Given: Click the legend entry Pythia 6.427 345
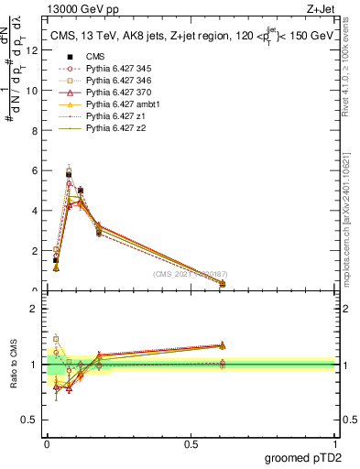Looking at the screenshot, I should [x=116, y=69].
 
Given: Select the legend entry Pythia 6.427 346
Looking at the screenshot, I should [x=116, y=81].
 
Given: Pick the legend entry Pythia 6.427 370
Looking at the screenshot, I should [x=116, y=93].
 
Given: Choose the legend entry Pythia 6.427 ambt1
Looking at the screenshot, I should [x=119, y=104].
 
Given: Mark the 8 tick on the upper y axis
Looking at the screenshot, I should [x=36, y=130].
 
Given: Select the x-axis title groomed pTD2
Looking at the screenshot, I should [x=303, y=457].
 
